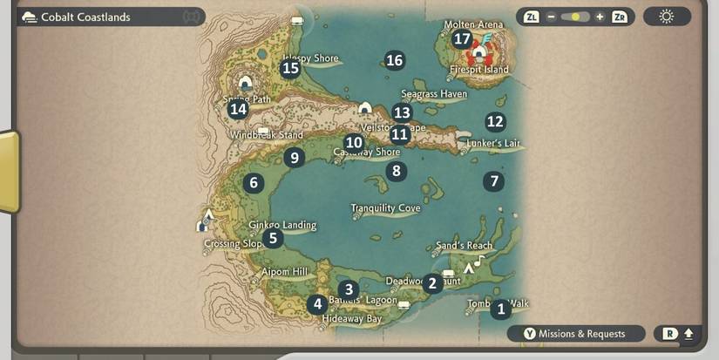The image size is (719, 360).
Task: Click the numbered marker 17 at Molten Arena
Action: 462,38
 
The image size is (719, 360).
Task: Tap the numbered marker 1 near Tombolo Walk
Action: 499,309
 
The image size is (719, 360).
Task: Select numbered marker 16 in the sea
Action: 395,60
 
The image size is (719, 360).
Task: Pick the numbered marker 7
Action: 494,181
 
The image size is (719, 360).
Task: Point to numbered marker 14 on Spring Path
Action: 238,109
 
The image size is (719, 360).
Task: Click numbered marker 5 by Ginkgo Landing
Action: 273,238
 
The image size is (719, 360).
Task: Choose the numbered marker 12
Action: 495,122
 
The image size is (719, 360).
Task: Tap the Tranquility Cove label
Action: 385,208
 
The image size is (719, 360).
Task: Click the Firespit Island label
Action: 478,70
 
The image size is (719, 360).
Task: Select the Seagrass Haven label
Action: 434,93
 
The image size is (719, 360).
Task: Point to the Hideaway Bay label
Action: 352,319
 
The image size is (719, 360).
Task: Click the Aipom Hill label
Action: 285,273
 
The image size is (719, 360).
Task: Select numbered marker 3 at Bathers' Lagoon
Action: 349,289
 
